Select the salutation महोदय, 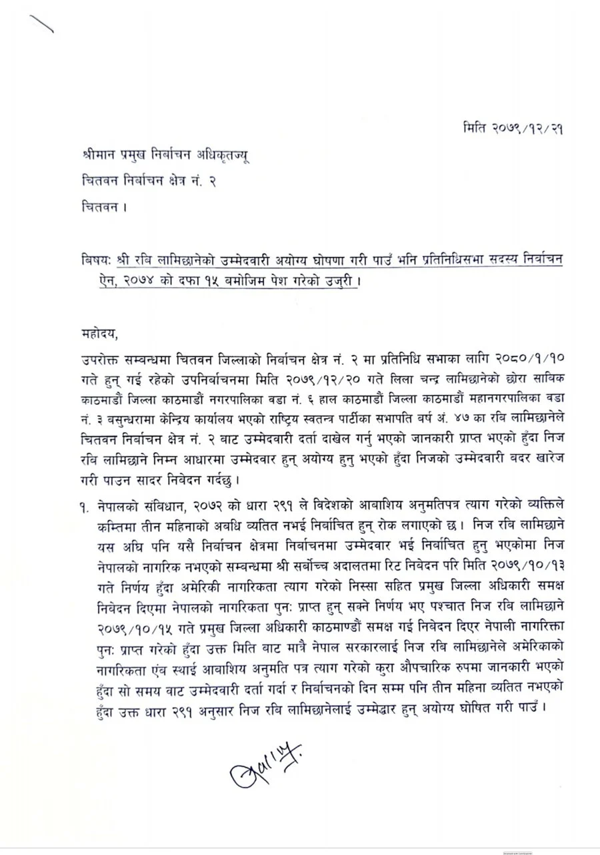[95, 330]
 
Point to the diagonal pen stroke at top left [39, 25]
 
